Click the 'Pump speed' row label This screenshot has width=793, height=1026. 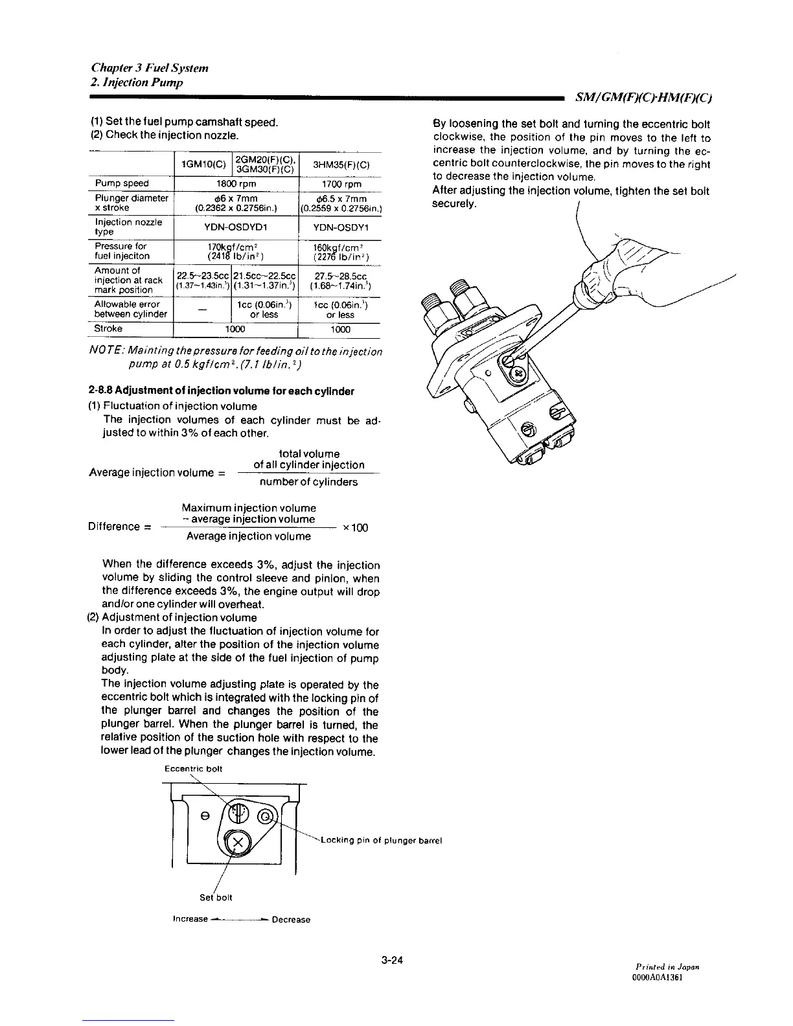[122, 183]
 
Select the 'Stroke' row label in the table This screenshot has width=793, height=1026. [108, 328]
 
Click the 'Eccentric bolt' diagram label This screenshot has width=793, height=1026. [194, 769]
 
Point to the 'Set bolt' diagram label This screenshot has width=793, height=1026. [216, 897]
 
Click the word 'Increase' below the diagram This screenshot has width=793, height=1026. [190, 919]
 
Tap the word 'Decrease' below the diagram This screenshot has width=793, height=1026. [291, 920]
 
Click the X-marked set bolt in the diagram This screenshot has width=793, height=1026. [238, 843]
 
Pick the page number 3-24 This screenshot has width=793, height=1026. [393, 960]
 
